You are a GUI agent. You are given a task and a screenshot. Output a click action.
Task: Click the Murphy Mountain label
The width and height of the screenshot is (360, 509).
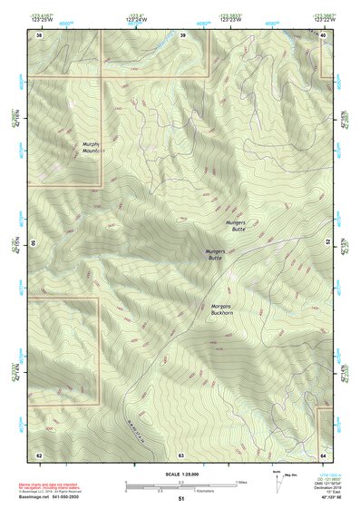click(x=91, y=148)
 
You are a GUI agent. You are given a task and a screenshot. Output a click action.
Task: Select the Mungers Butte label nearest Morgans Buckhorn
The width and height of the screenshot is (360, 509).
click(x=215, y=255)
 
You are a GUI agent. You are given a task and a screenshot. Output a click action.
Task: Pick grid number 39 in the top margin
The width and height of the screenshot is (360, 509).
click(x=182, y=34)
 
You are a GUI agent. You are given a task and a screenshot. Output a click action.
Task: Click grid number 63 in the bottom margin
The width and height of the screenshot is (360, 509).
click(x=180, y=454)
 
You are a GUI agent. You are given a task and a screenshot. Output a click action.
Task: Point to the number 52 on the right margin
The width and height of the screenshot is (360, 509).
click(x=328, y=243)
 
